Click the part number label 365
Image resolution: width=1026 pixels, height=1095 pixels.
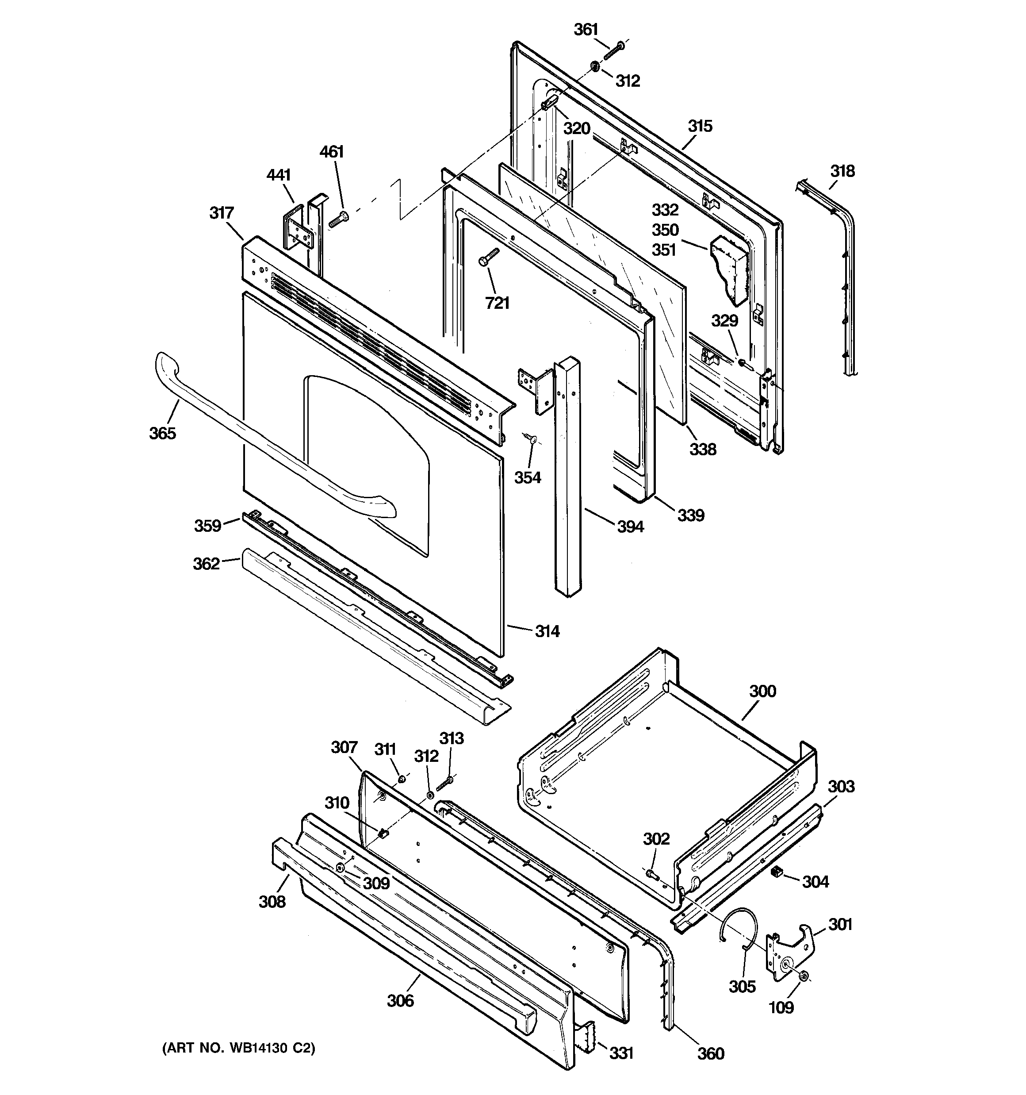162,433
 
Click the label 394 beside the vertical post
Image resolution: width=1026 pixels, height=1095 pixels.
630,526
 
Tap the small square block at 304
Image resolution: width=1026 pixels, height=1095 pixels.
777,872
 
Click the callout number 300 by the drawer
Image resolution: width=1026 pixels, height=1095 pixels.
762,691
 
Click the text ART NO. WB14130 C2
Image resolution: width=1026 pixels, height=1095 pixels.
238,1048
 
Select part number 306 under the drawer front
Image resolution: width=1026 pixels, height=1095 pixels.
400,1000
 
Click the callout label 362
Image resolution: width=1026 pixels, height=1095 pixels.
206,564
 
